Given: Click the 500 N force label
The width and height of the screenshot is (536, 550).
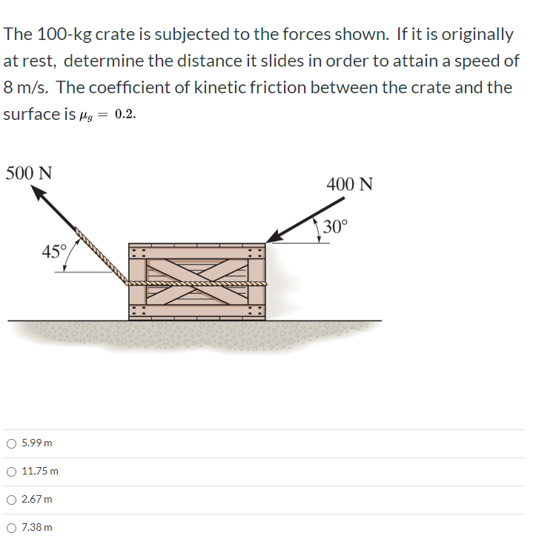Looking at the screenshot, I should click(29, 173).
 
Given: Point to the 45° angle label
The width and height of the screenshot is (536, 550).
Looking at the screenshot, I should click(53, 251).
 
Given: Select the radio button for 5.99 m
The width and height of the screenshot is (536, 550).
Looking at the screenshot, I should click(11, 443).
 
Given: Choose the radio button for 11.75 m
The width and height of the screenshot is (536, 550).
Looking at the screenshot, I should click(11, 472).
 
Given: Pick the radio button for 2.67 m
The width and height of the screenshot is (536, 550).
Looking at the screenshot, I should click(11, 500).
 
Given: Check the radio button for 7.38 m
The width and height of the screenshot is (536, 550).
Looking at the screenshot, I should click(11, 528).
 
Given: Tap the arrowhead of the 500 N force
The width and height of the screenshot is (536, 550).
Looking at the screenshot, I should click(39, 193).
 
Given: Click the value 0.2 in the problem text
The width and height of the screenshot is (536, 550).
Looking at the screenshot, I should click(126, 115).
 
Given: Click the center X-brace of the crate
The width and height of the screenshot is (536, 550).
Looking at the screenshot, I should click(196, 282).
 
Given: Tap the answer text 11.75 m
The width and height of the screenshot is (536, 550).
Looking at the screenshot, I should click(41, 472).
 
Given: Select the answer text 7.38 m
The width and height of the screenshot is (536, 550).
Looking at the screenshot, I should click(37, 528).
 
